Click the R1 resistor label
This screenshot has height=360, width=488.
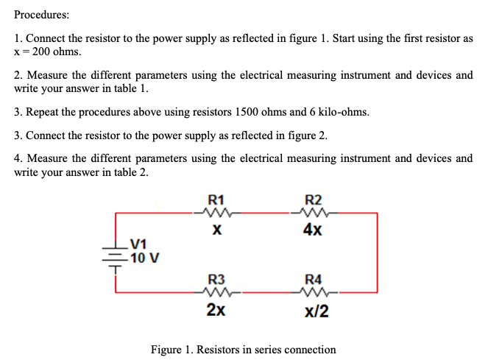[217, 198]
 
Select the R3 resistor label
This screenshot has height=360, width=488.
[216, 279]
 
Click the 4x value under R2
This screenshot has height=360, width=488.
[311, 230]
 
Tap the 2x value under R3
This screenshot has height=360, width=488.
[216, 311]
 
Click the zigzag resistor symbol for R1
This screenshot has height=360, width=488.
[217, 213]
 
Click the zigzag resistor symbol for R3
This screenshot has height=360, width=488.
[216, 294]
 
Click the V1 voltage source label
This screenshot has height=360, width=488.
[138, 246]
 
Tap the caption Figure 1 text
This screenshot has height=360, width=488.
[243, 350]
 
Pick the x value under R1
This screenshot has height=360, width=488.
[217, 230]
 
